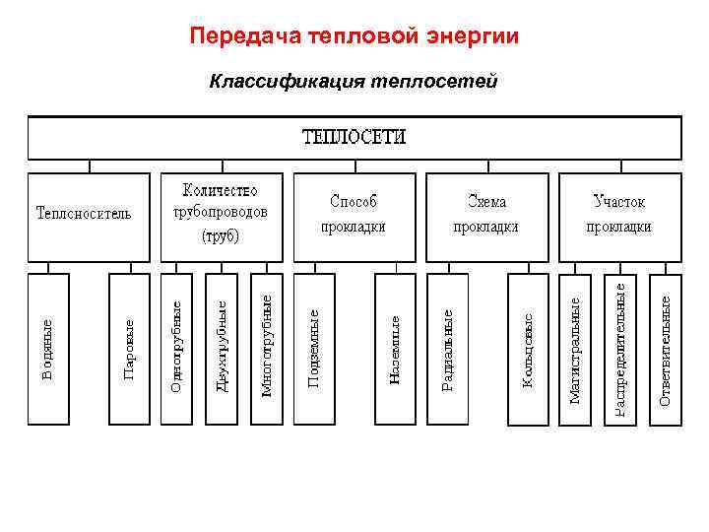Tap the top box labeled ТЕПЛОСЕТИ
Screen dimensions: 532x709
[354, 137]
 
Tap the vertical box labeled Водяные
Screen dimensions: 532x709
[48, 349]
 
